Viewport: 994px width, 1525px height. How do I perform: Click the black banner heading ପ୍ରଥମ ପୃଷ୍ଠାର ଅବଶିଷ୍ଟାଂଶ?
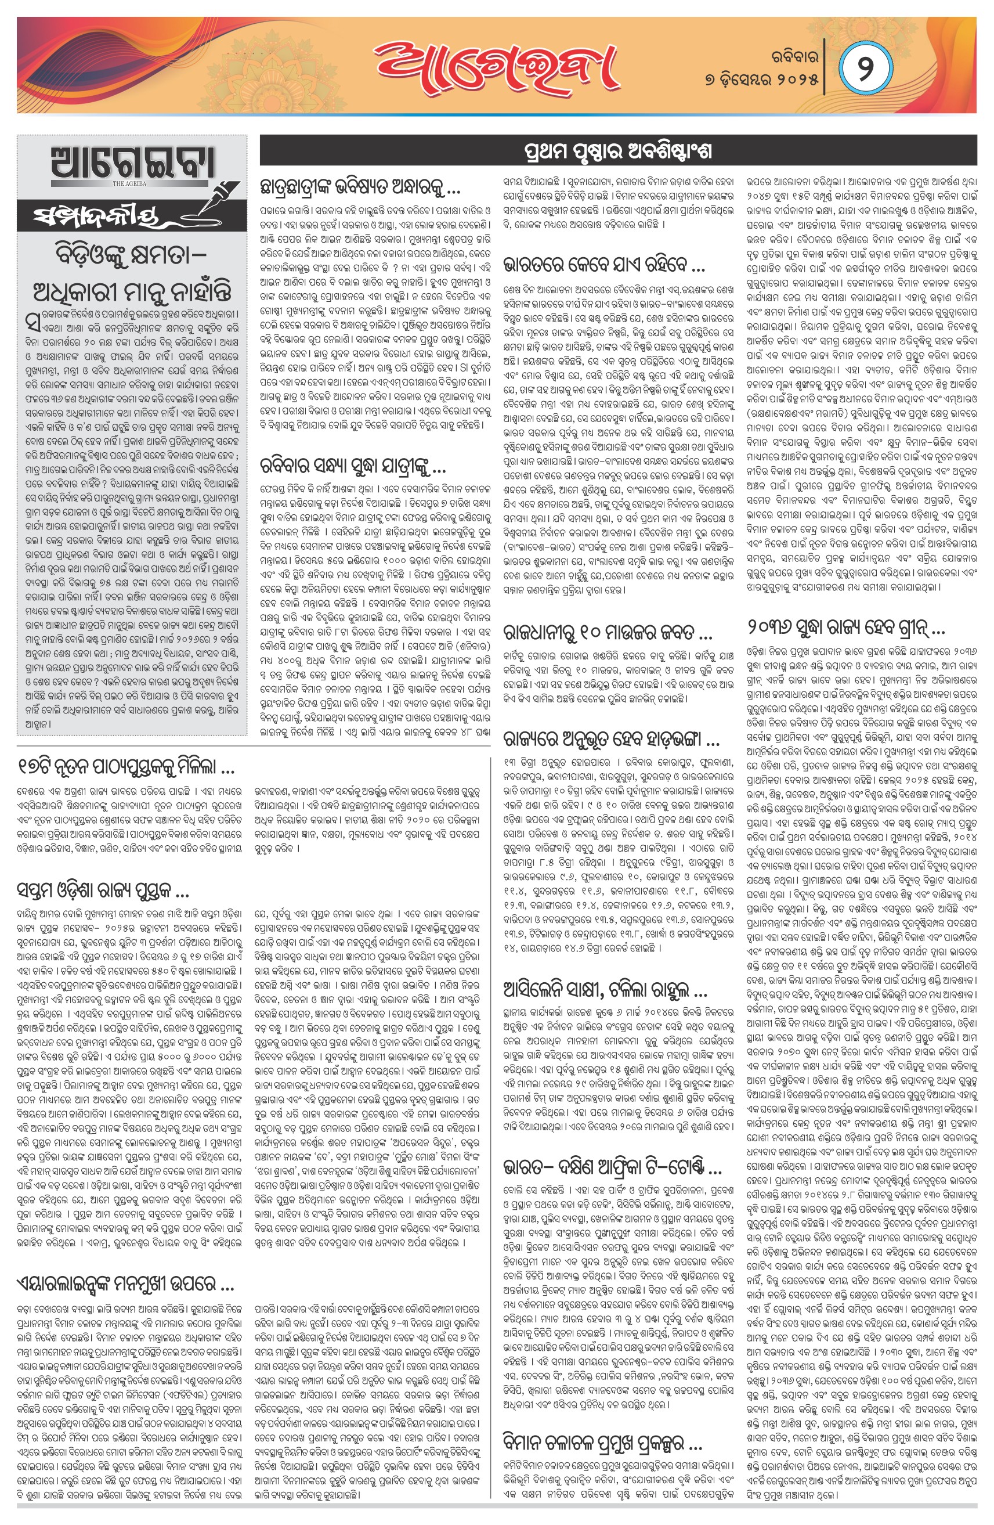click(x=617, y=151)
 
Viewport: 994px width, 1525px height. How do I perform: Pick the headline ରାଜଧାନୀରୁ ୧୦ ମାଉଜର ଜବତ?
click(x=607, y=634)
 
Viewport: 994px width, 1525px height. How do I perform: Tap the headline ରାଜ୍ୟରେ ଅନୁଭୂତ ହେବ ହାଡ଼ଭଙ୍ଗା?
click(x=611, y=741)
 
